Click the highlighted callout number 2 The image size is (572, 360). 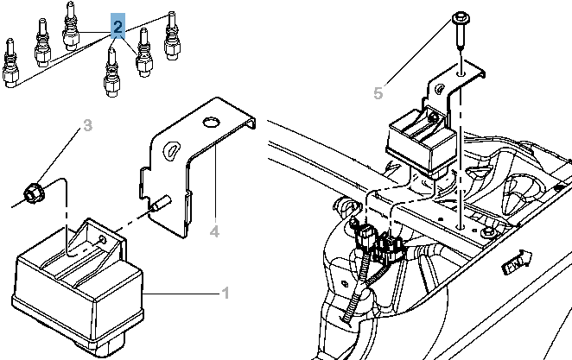point(118,26)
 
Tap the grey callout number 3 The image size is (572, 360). point(87,125)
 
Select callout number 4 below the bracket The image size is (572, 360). point(215,231)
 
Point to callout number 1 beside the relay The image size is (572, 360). point(226,293)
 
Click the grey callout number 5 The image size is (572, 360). point(378,93)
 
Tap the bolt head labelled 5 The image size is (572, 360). point(461,19)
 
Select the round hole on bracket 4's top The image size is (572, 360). point(210,122)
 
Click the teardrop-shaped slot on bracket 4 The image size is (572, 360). point(170,149)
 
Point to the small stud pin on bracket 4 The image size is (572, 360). point(160,204)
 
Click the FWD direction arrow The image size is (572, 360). point(518,262)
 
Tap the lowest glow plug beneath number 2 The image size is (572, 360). point(111,73)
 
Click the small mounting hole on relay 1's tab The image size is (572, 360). point(103,239)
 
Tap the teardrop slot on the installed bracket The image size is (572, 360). point(441,89)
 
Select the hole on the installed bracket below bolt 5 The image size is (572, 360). point(461,73)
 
